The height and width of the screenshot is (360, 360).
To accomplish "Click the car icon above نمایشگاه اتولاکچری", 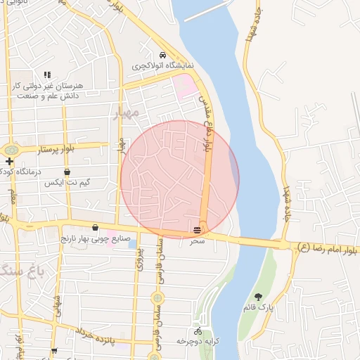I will tap(162, 55).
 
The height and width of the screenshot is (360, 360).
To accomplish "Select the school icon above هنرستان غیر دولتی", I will tap(48, 75).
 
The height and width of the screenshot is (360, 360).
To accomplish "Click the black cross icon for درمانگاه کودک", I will tap(8, 161).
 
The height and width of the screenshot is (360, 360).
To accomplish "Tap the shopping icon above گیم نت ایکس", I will tap(67, 172).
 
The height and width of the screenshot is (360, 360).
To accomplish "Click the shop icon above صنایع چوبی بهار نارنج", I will tap(95, 227).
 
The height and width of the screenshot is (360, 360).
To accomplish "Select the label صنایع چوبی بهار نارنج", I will tap(95, 238).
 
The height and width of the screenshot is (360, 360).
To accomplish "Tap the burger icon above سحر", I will tap(198, 229).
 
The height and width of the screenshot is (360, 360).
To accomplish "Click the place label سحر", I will tap(197, 240).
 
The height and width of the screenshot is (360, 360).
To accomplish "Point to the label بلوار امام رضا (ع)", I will tap(328, 247).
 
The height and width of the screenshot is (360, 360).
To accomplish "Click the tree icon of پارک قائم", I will tap(258, 297).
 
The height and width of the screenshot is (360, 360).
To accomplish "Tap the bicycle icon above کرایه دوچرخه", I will tap(198, 330).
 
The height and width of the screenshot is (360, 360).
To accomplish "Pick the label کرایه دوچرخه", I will tap(198, 341).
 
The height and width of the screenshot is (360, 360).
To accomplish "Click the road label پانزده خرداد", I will tap(95, 341).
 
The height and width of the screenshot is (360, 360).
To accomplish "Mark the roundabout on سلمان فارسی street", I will tap(156, 297).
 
